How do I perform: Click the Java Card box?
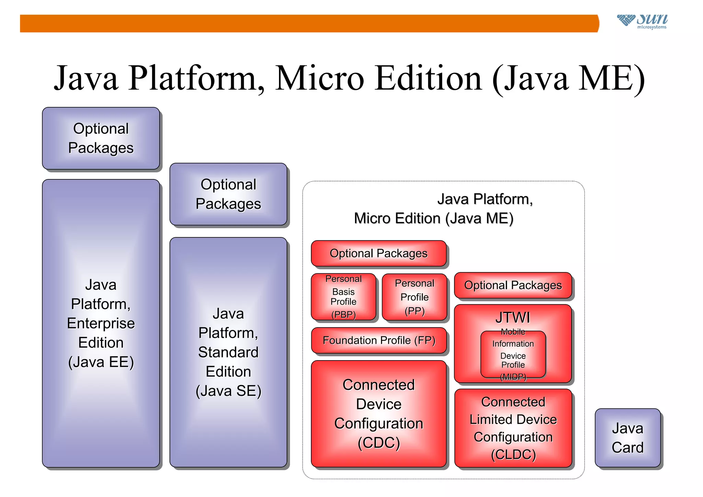click(x=627, y=438)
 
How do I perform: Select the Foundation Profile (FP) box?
click(x=379, y=340)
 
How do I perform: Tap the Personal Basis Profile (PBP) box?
click(x=343, y=297)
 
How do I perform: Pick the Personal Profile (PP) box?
click(x=414, y=297)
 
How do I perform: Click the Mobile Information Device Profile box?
click(x=513, y=354)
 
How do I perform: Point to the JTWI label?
click(x=513, y=317)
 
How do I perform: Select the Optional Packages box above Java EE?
click(x=101, y=138)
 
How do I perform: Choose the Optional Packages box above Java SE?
click(x=228, y=194)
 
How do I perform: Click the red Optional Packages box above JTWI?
click(x=513, y=285)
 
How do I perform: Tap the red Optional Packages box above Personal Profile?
click(x=379, y=253)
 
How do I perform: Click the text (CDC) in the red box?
click(x=379, y=443)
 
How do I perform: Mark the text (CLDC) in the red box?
click(x=513, y=454)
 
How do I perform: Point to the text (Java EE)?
click(x=101, y=362)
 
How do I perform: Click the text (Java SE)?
click(x=228, y=391)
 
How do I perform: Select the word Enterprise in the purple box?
click(x=101, y=323)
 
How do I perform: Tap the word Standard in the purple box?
click(x=228, y=352)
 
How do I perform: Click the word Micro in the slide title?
click(x=319, y=79)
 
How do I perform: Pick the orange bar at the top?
click(x=309, y=23)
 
